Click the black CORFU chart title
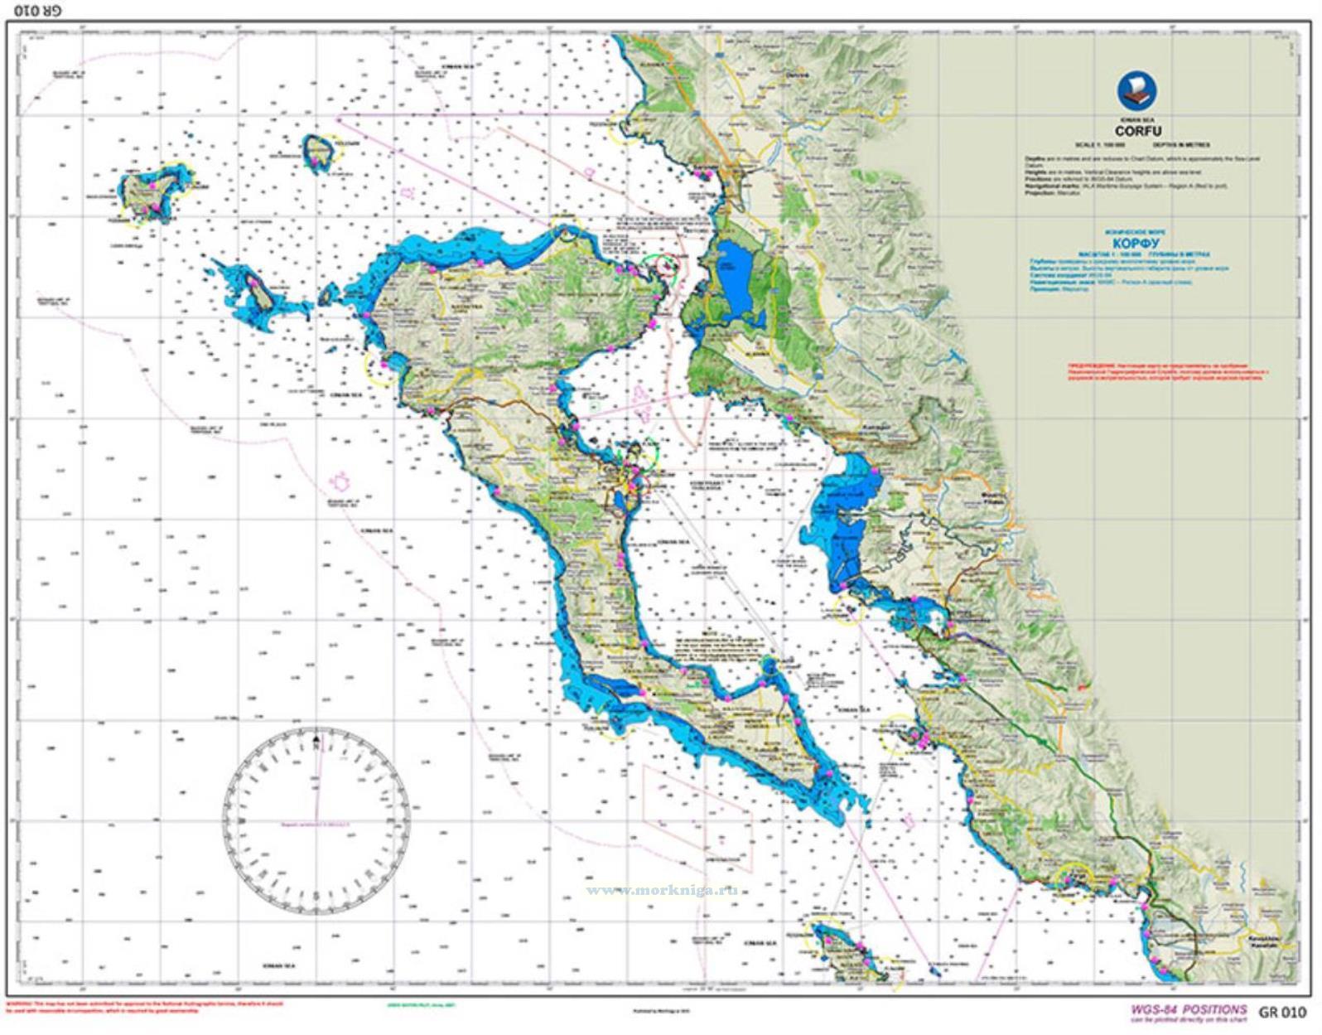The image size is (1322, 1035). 1137,131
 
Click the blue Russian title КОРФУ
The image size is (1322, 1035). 1136,244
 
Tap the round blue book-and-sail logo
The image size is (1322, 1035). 1137,90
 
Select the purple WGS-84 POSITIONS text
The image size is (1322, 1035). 1188,1009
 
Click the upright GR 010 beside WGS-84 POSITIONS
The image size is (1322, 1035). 1281,1012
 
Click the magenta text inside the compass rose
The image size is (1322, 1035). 316,825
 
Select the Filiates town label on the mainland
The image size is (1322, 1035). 992,500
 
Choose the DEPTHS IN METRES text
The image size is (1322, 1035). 1179,145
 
